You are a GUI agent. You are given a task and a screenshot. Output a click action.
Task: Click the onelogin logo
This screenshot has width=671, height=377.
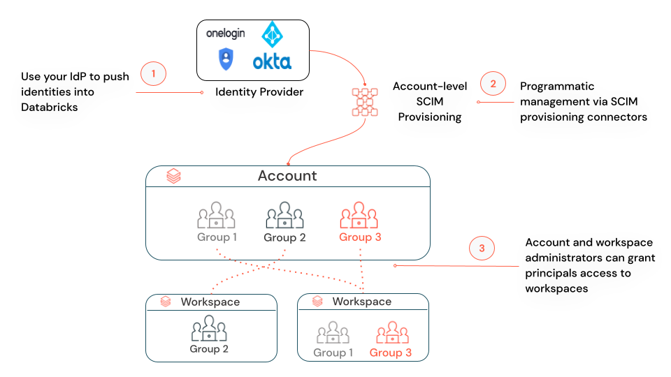click(225, 34)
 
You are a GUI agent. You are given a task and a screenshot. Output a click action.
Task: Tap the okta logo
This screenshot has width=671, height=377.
click(272, 61)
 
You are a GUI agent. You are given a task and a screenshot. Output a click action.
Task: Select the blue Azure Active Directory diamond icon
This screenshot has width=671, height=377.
click(271, 34)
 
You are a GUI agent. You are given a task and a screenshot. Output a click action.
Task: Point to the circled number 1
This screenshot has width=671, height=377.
click(154, 73)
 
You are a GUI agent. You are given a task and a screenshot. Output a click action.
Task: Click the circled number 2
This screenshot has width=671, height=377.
click(493, 84)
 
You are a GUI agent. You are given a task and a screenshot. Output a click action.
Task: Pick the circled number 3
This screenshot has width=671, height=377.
click(482, 248)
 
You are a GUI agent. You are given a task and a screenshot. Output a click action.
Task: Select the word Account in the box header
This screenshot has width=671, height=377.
click(287, 176)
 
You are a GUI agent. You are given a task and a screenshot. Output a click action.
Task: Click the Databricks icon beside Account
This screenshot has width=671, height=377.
click(173, 177)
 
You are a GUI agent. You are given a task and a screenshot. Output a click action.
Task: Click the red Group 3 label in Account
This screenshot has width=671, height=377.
click(360, 237)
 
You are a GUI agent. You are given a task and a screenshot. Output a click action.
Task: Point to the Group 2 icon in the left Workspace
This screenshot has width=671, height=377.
click(209, 329)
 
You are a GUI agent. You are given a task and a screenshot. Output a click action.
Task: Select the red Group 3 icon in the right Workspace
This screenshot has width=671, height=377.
click(391, 333)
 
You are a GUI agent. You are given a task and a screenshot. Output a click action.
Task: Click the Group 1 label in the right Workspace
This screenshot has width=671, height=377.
click(333, 353)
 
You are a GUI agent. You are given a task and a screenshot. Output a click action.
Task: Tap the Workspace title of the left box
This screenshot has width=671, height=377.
click(210, 302)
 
